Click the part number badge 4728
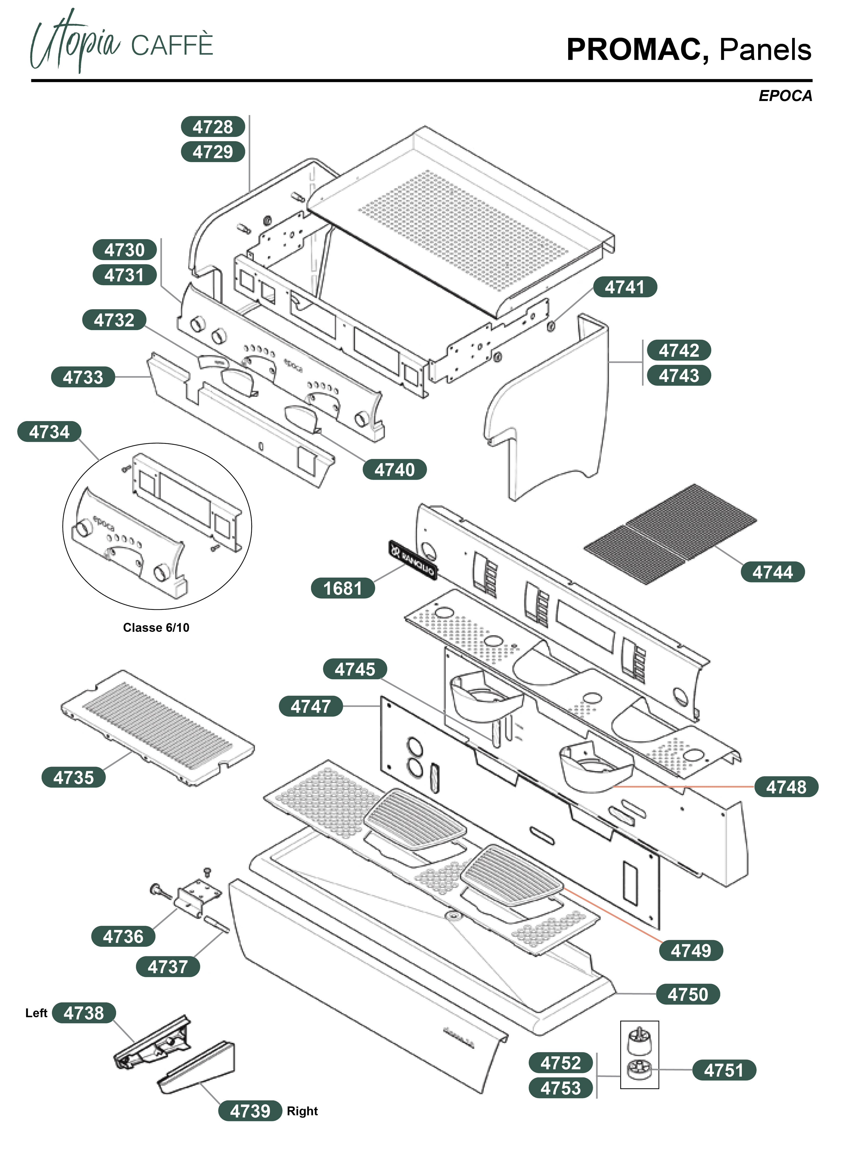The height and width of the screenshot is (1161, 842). (x=213, y=126)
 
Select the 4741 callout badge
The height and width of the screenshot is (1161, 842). (x=625, y=287)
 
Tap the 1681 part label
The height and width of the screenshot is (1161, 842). (x=343, y=588)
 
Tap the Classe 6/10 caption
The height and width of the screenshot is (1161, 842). (x=156, y=628)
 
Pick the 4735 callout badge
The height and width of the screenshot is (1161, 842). (x=74, y=778)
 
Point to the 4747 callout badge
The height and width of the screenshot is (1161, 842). (x=311, y=706)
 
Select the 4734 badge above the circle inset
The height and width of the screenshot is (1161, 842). (x=50, y=432)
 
